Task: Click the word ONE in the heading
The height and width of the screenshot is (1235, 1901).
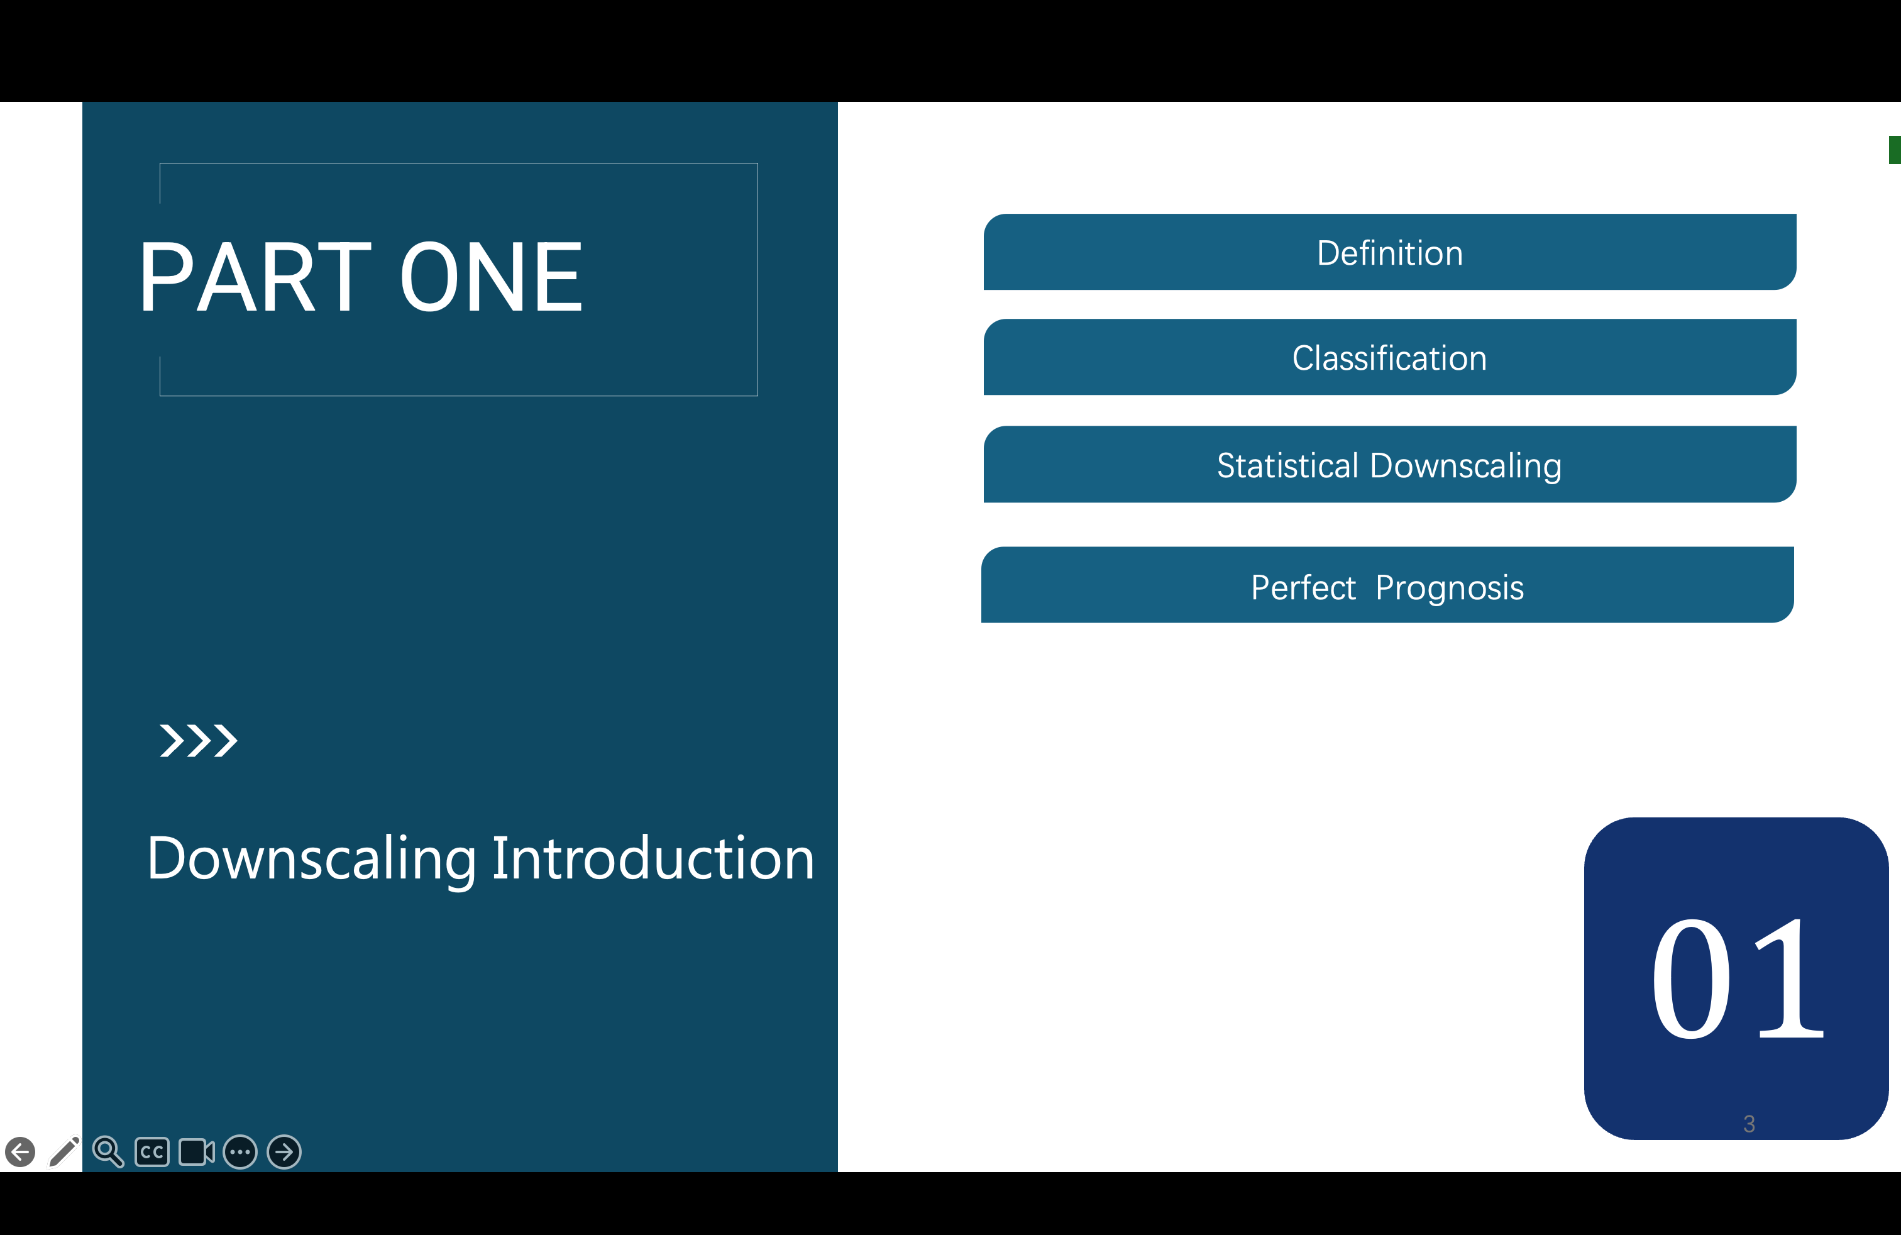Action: click(491, 277)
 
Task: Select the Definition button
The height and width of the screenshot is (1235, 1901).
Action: click(1390, 252)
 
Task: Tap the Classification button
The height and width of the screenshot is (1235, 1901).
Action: click(1390, 357)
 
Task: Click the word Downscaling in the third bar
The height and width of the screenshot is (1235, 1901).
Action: click(1466, 467)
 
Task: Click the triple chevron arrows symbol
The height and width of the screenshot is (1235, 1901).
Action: click(198, 741)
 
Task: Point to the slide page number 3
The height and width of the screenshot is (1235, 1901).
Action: click(1749, 1124)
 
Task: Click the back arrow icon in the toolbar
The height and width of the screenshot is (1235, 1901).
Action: click(20, 1152)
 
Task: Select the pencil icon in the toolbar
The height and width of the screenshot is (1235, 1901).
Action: click(64, 1152)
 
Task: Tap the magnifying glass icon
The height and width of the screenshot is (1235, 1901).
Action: click(108, 1152)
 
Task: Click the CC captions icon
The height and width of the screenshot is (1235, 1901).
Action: click(152, 1152)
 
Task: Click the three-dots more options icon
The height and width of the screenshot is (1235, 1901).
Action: click(240, 1152)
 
